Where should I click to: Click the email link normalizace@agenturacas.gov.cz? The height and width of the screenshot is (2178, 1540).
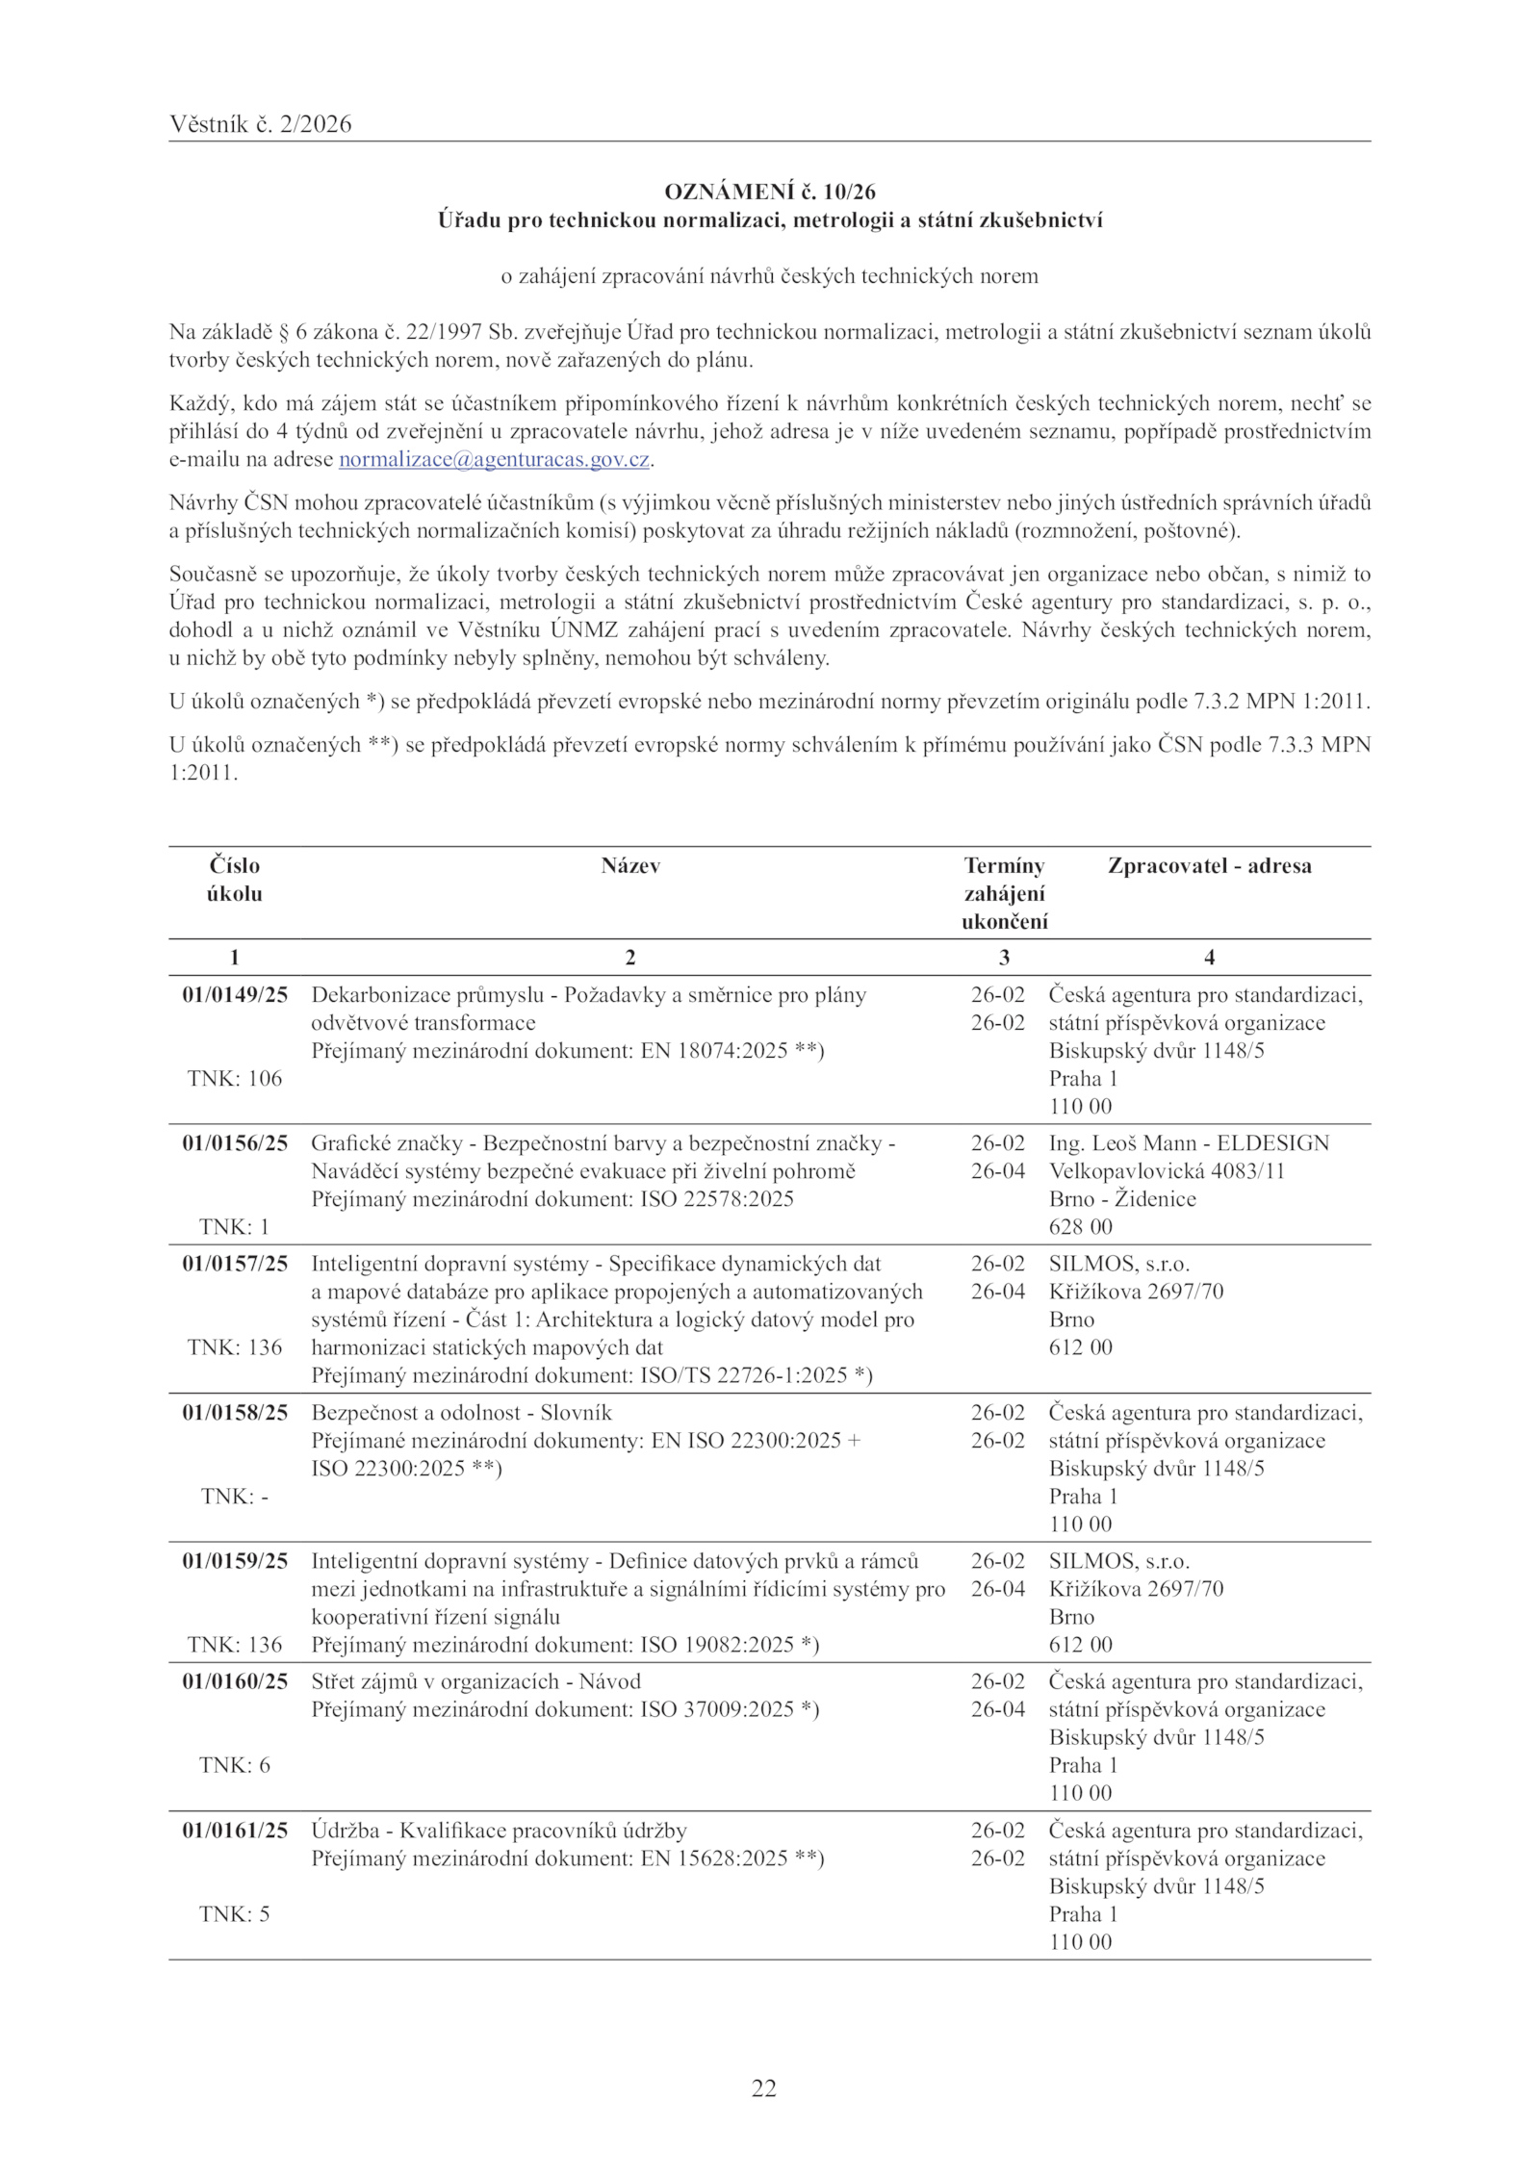click(495, 460)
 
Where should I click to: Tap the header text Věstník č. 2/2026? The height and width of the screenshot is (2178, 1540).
click(260, 124)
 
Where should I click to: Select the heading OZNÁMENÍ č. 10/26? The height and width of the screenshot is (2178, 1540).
click(770, 192)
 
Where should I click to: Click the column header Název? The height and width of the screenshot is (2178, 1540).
click(630, 865)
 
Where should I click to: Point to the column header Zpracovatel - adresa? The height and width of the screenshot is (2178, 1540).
click(1209, 865)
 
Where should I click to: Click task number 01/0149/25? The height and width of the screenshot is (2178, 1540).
click(235, 994)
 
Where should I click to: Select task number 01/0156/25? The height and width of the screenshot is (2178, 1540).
click(235, 1143)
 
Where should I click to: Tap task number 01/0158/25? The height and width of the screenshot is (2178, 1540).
click(235, 1413)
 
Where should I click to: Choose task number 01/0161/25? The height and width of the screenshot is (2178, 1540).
click(235, 1831)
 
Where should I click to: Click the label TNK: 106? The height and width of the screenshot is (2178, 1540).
click(235, 1078)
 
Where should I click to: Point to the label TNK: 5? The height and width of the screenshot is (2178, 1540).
click(235, 1913)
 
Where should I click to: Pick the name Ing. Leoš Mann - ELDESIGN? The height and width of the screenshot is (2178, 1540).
click(1189, 1143)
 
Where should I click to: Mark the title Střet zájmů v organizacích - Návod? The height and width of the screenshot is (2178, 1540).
click(475, 1681)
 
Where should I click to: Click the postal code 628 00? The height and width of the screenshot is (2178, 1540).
click(1080, 1227)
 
